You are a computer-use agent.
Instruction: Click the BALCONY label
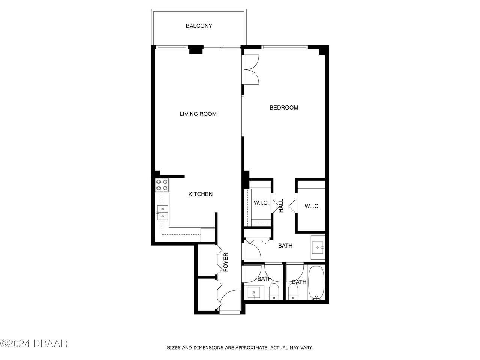[199, 26]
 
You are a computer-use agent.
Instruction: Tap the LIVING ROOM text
[198, 114]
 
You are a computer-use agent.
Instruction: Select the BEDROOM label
[284, 108]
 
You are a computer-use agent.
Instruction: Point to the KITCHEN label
[200, 194]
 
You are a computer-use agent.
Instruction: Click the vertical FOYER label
[226, 262]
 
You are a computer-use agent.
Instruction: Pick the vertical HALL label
[281, 206]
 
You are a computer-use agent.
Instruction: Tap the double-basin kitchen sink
[162, 212]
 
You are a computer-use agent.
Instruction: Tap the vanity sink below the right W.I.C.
[318, 248]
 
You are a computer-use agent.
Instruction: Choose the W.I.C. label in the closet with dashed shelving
[261, 203]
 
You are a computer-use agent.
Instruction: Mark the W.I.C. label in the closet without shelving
[312, 206]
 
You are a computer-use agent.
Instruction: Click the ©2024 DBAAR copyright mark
[34, 343]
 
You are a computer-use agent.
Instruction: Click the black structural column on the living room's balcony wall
[195, 50]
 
